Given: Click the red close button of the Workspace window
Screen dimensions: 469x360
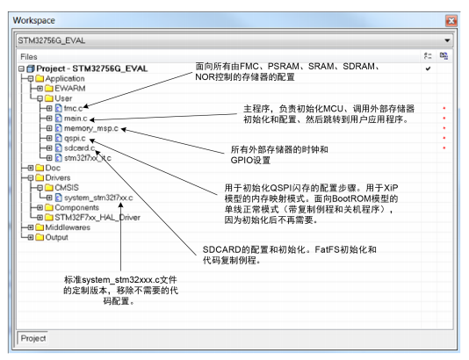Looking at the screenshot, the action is point(451,20).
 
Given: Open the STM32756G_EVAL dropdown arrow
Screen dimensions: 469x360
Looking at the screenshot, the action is point(447,40).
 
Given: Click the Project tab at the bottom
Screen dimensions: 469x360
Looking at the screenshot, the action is point(32,338).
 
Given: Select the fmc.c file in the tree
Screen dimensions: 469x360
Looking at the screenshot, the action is point(73,108).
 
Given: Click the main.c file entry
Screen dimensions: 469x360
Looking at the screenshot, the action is point(76,119).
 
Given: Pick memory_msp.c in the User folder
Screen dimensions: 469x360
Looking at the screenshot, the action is point(91,128).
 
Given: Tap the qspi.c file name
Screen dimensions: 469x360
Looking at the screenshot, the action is point(75,139).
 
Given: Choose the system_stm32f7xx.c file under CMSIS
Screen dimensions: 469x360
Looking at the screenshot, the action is point(98,198).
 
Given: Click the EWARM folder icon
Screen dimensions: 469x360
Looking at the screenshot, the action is point(49,89).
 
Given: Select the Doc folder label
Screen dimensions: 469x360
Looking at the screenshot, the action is point(53,168).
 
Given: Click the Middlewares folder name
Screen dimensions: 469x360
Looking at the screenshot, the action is point(68,227).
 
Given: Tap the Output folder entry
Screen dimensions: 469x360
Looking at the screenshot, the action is point(56,237).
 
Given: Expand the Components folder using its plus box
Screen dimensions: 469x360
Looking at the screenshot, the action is point(40,207).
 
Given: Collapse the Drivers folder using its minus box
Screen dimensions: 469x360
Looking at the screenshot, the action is point(30,178).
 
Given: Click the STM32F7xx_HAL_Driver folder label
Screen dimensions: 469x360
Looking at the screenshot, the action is point(97,218).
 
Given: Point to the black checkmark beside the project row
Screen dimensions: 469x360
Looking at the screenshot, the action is point(428,68).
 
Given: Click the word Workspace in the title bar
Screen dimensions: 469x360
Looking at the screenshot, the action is point(33,20).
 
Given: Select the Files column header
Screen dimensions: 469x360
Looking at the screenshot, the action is point(29,57).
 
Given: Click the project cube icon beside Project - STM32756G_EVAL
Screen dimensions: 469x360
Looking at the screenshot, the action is point(31,68).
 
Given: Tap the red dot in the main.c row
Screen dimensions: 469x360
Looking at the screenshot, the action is point(444,119).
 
